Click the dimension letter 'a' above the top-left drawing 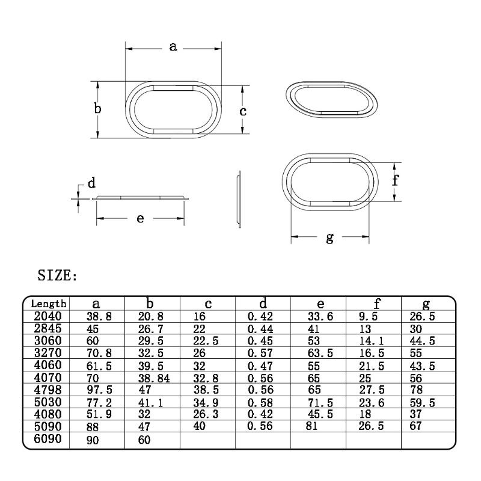[x=173, y=46]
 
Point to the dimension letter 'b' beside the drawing [x=97, y=109]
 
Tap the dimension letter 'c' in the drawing [x=243, y=111]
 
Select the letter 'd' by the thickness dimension [x=92, y=183]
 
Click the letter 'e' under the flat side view [x=140, y=218]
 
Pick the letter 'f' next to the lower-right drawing [x=395, y=180]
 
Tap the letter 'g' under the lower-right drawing [x=329, y=237]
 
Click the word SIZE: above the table [x=57, y=276]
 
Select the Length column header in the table [x=49, y=304]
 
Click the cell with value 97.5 [x=87, y=390]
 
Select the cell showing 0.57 [x=259, y=352]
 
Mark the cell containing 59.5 [x=418, y=402]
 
